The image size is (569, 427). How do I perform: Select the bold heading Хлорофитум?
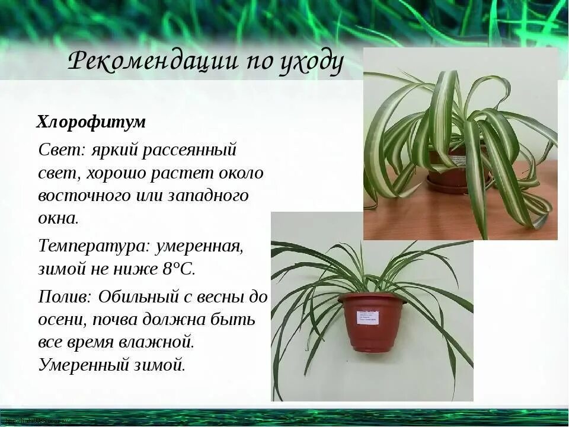(91, 123)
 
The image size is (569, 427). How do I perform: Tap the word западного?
(209, 195)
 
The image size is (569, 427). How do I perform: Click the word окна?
(57, 218)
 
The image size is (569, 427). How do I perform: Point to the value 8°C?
(177, 268)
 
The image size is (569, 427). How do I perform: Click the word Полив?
(65, 297)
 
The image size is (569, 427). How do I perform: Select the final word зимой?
(161, 364)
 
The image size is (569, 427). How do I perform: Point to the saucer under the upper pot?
(456, 183)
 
